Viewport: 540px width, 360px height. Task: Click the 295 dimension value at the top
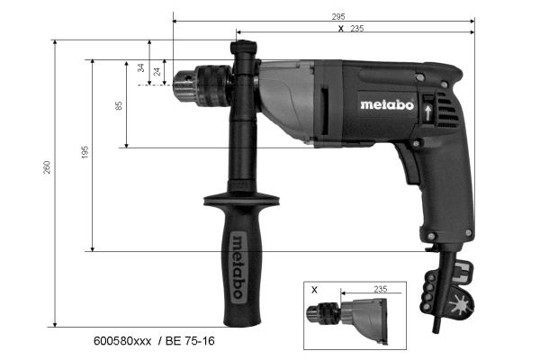point(338,16)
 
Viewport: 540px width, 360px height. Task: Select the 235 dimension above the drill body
point(358,29)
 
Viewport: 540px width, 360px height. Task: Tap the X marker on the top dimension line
point(339,29)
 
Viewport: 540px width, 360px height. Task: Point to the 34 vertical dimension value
point(140,68)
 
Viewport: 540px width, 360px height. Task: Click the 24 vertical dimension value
point(157,72)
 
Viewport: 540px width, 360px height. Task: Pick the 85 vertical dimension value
point(119,105)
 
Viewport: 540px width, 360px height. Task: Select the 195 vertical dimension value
point(85,154)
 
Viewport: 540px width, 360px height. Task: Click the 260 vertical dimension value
point(48,168)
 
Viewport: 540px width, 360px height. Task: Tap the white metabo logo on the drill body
point(386,103)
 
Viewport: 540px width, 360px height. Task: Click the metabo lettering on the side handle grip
point(237,260)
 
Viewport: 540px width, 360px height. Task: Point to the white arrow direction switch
point(427,110)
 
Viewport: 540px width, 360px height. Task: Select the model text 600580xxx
point(124,343)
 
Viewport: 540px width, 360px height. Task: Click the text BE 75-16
point(189,343)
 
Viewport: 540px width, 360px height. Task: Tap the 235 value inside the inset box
point(380,289)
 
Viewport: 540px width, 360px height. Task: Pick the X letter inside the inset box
point(314,291)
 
